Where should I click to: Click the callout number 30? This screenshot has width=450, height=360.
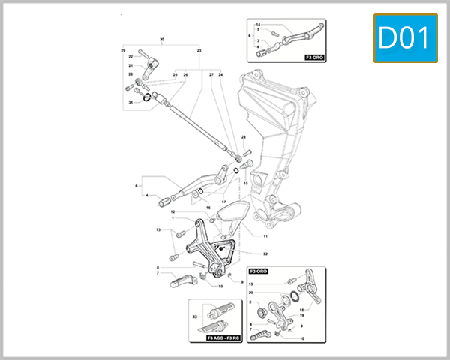tap(161, 38)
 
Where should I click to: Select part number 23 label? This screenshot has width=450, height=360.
tap(199, 50)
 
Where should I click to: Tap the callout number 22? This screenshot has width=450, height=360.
tap(130, 57)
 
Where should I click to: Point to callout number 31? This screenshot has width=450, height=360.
tap(130, 102)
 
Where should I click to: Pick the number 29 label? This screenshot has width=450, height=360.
tap(123, 50)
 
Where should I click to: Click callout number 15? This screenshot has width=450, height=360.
tap(245, 182)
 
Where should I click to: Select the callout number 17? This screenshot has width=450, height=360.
tap(223, 201)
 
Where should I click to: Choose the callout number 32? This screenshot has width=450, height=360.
tap(265, 254)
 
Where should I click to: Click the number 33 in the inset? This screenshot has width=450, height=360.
tap(194, 317)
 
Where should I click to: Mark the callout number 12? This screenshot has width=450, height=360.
tap(172, 212)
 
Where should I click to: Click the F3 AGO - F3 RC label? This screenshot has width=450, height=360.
tap(223, 338)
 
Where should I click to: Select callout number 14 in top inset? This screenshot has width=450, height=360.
tap(257, 25)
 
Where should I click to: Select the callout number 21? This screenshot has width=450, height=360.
tap(130, 66)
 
